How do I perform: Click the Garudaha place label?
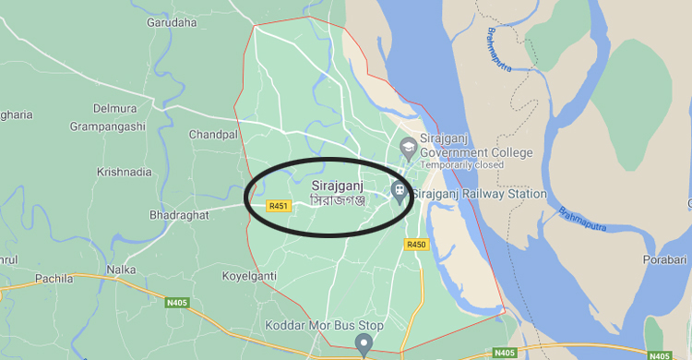(172, 22)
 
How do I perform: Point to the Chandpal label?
(213, 135)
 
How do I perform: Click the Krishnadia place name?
(124, 172)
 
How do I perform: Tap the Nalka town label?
(121, 270)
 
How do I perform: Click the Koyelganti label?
(249, 276)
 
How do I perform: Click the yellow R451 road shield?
(279, 206)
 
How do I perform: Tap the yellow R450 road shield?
(416, 245)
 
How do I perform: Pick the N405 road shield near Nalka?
(178, 303)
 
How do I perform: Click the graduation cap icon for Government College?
(407, 146)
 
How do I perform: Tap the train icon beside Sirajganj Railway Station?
(399, 194)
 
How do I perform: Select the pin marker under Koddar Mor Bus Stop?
(364, 347)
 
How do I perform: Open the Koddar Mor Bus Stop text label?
(311, 326)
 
